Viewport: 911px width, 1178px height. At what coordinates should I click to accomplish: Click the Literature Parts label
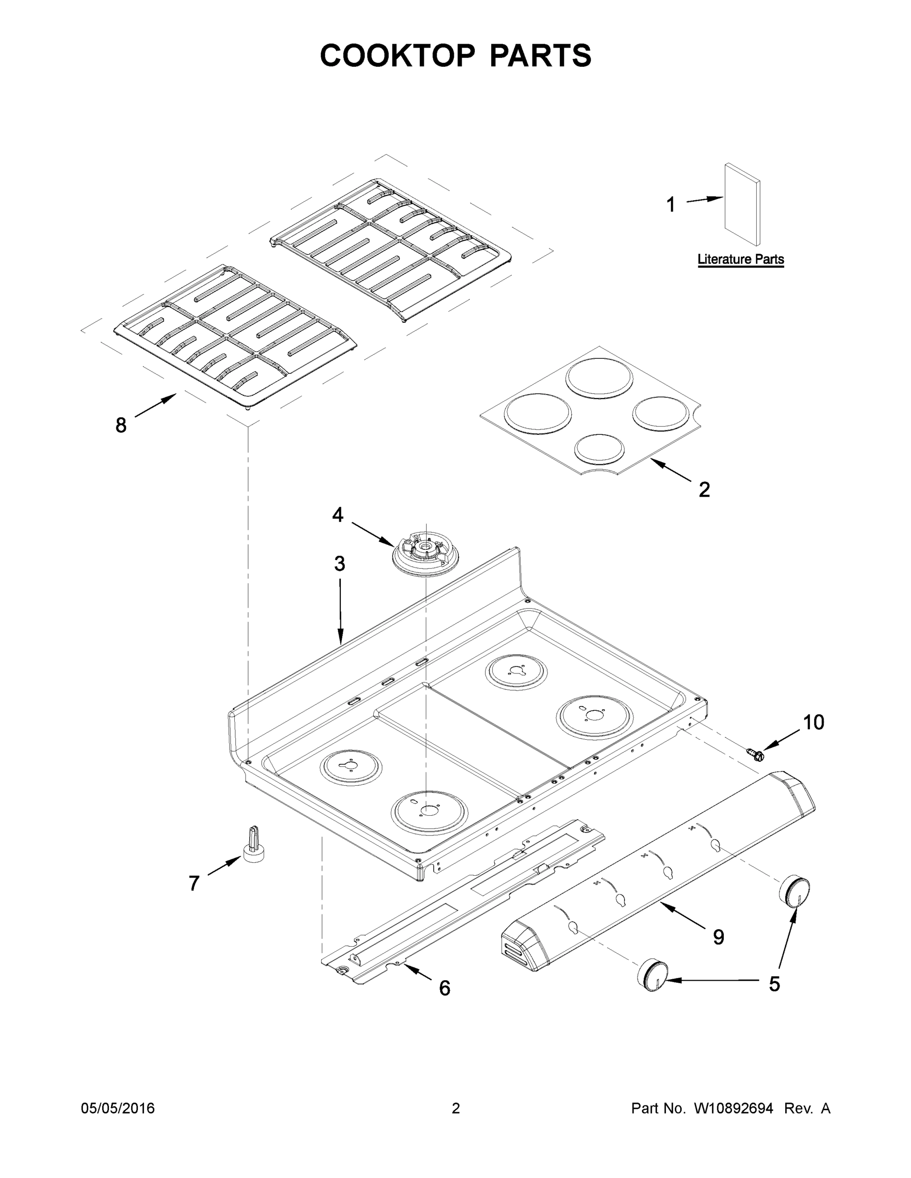(x=741, y=260)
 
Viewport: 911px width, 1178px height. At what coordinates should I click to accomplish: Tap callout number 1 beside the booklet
(x=671, y=205)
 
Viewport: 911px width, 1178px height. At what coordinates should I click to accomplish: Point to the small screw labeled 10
(x=754, y=753)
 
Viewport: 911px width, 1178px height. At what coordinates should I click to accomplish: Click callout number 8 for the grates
(x=121, y=426)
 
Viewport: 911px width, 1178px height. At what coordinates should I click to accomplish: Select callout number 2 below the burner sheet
(x=704, y=490)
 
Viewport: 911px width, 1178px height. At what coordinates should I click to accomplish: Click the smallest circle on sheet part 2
(x=599, y=448)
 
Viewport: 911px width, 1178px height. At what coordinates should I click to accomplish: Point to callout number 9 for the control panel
(x=718, y=937)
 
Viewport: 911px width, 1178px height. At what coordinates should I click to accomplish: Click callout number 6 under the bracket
(x=444, y=988)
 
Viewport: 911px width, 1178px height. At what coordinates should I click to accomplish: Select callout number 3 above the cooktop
(x=339, y=564)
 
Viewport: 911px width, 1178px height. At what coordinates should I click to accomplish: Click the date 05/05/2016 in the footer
(x=118, y=1108)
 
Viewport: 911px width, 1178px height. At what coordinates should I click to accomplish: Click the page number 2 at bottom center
(x=456, y=1108)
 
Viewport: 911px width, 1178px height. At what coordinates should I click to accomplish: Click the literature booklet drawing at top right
(x=743, y=205)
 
